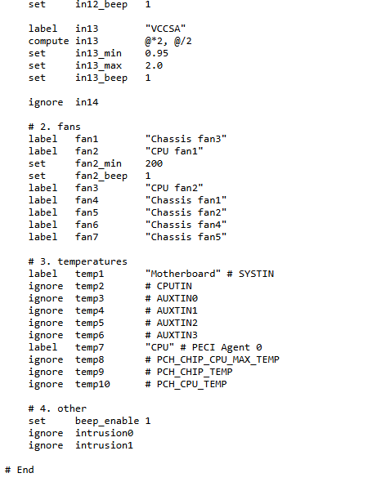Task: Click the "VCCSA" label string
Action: point(165,29)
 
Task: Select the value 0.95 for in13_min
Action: point(157,53)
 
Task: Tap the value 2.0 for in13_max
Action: point(154,65)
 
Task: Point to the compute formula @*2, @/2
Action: point(168,41)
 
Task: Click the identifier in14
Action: point(87,102)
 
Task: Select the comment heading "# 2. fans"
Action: point(55,127)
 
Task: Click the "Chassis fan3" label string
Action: point(186,139)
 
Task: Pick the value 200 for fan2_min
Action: point(154,163)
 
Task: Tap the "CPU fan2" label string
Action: point(174,188)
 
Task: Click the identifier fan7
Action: point(87,237)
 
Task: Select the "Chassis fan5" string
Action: point(186,237)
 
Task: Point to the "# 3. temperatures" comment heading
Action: point(78,261)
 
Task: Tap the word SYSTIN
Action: point(256,274)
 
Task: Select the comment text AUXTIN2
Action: point(177,323)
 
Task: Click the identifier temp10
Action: point(92,384)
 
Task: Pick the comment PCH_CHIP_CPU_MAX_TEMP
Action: point(217,359)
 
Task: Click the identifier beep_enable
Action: point(107,421)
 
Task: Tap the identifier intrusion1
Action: point(105,445)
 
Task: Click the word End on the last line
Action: point(25,470)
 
